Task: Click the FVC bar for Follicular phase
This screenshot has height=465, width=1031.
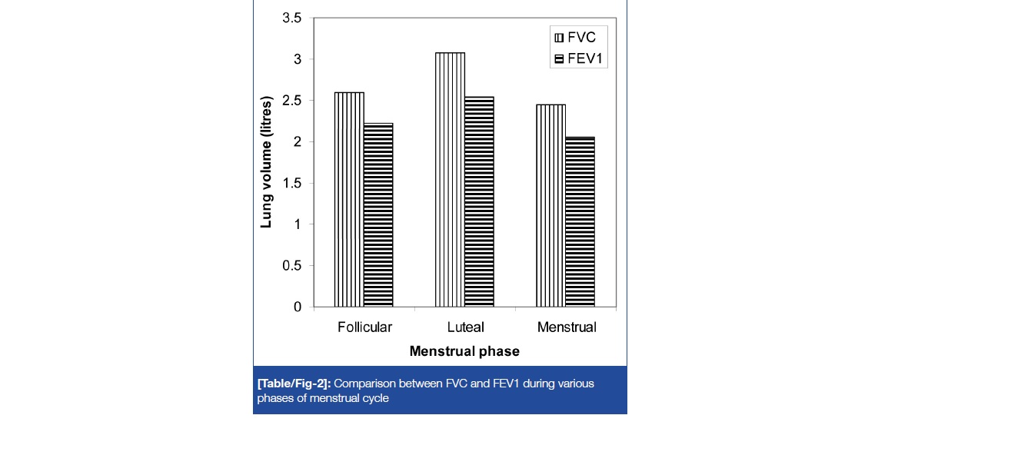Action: click(x=349, y=200)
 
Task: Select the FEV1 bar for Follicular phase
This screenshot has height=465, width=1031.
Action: click(x=378, y=215)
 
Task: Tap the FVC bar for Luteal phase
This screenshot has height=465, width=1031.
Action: click(x=450, y=180)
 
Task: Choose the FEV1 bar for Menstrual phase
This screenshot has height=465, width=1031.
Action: click(x=580, y=222)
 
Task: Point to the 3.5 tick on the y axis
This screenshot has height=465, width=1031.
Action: click(x=293, y=18)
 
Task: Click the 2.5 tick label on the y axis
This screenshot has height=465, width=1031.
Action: click(x=293, y=101)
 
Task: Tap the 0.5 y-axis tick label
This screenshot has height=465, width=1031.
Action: click(x=293, y=266)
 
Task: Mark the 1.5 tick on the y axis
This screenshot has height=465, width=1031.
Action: click(x=293, y=183)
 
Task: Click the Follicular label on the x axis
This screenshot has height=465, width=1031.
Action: click(x=364, y=327)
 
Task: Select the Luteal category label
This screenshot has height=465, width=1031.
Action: click(x=464, y=327)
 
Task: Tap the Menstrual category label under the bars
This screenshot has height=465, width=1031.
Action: click(x=567, y=327)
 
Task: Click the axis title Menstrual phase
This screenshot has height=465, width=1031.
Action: click(x=464, y=351)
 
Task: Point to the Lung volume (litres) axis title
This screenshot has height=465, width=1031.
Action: click(x=267, y=162)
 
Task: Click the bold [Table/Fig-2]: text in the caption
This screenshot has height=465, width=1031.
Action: click(x=294, y=383)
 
